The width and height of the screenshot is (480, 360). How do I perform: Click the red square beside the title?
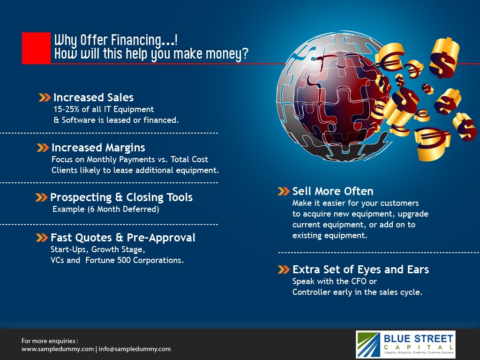point(36,48)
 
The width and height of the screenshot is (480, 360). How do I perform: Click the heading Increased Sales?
point(93,97)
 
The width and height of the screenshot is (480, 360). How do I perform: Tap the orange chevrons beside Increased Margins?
point(43,148)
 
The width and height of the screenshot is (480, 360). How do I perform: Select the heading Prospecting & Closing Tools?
point(121,197)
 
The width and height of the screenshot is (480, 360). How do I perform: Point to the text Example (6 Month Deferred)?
point(106,209)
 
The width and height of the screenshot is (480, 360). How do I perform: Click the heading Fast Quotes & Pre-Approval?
point(123,238)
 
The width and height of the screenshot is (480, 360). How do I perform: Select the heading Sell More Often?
point(333,191)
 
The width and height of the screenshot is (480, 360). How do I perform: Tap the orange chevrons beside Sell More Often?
point(284,191)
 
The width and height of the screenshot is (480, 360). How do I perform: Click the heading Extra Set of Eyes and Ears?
point(360,270)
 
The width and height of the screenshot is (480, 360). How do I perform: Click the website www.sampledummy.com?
point(58,349)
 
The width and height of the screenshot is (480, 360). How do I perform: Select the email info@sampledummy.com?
point(135,349)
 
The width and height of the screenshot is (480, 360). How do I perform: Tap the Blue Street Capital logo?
point(405,345)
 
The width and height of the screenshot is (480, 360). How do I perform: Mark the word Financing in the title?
point(136,40)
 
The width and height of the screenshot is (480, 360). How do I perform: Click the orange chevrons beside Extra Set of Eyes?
point(284,270)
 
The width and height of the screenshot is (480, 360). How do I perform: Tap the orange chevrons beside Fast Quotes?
point(42,238)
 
